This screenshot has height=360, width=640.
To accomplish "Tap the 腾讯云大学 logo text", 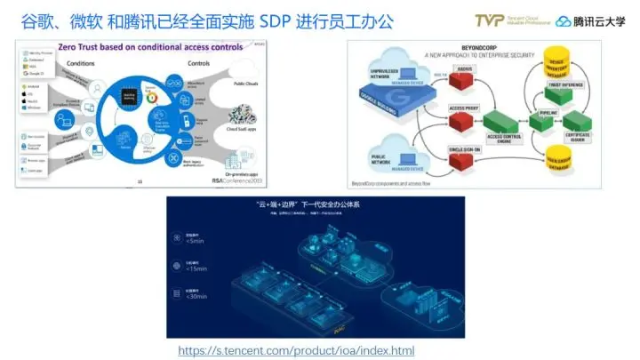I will [x=597, y=20].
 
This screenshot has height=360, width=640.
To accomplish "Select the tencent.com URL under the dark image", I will [x=295, y=350].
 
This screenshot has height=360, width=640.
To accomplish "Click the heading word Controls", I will [x=205, y=63].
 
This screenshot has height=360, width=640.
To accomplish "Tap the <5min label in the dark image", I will [x=194, y=240].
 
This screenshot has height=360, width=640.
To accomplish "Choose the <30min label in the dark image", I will [x=196, y=295].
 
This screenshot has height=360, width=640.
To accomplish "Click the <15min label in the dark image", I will [x=196, y=268].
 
